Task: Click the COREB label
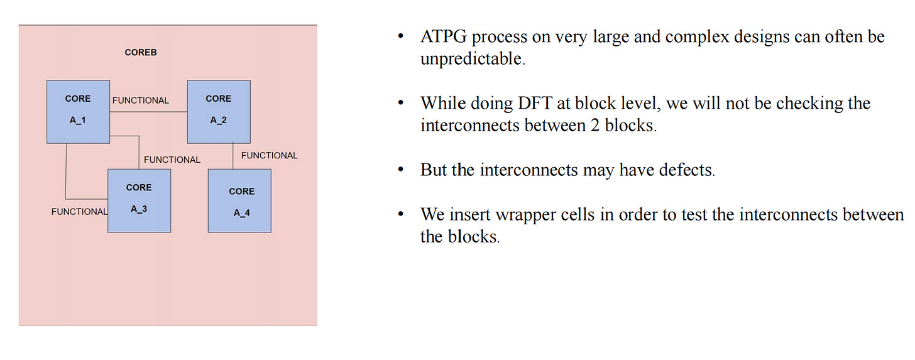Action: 141,52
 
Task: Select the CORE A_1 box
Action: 78,111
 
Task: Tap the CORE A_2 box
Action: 219,111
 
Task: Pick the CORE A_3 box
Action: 139,200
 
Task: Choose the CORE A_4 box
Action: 239,200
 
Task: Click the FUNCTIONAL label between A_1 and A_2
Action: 141,101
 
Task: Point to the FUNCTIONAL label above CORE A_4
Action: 270,155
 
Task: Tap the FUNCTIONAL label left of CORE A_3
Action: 79,212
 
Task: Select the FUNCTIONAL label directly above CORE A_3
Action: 172,160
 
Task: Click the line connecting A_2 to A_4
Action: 233,156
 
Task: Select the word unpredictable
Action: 471,60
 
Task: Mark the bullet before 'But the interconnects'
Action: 400,171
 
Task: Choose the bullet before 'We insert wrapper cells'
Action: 400,215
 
